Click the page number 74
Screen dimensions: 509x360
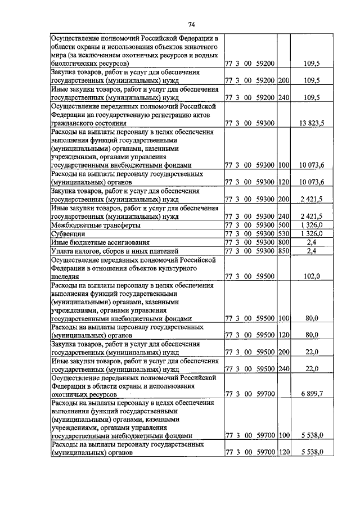pyautogui.click(x=192, y=24)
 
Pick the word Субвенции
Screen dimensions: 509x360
pyautogui.click(x=67, y=233)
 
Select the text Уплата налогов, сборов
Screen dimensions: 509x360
pyautogui.click(x=90, y=250)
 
